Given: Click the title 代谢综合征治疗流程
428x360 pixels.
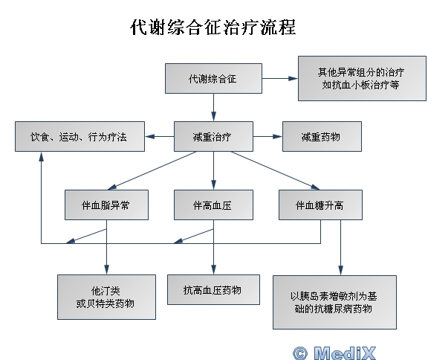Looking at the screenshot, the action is [x=213, y=28].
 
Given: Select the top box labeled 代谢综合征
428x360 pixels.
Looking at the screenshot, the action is [x=213, y=79].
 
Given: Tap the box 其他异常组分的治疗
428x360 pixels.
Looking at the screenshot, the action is [x=362, y=78].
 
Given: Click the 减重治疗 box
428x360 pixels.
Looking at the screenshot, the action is [x=213, y=137].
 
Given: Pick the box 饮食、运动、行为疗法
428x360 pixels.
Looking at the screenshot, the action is [x=80, y=137].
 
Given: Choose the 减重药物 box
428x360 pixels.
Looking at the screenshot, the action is [x=322, y=137].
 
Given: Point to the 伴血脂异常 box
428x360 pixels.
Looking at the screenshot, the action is [x=106, y=205].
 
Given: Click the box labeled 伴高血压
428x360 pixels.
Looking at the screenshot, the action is [x=213, y=205].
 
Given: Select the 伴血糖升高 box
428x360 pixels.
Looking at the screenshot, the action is [x=320, y=205].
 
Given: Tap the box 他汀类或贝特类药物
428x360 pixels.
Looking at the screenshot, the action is [x=106, y=298].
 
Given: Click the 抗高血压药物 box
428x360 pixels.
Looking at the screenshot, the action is [x=213, y=290].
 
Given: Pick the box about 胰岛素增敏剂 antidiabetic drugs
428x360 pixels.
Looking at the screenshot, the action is [x=334, y=303].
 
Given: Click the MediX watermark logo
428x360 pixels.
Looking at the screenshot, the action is [x=334, y=353].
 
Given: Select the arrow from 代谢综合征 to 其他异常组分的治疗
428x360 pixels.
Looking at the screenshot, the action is [x=280, y=78].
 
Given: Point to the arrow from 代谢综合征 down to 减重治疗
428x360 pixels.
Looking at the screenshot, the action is [x=213, y=108].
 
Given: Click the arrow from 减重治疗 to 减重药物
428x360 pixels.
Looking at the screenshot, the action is [x=267, y=136].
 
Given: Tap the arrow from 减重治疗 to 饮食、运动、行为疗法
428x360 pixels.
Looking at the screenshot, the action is [x=160, y=136].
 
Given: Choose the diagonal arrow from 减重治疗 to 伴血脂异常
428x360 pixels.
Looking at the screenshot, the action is [x=152, y=170].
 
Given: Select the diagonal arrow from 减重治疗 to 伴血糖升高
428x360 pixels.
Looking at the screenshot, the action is [x=275, y=170].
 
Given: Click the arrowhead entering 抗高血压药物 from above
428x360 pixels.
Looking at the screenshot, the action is [x=213, y=269].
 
